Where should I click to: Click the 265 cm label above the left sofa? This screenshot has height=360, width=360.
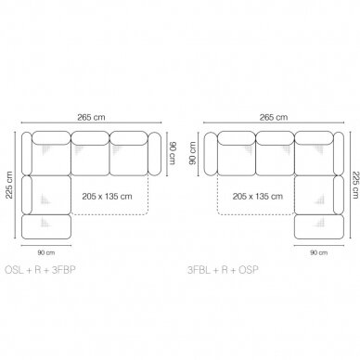coord(91,117)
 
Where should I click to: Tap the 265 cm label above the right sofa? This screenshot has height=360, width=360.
coord(274,117)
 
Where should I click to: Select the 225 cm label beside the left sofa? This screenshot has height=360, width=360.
coord(9,185)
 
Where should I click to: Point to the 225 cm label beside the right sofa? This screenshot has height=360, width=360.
coord(355,185)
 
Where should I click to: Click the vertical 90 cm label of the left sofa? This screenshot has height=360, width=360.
coord(173,153)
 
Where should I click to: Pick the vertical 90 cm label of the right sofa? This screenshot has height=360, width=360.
coord(192,153)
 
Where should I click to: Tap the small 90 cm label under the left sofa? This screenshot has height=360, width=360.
coord(46,252)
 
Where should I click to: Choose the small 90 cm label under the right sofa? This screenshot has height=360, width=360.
coord(319,252)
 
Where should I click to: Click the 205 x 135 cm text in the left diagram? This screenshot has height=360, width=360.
coord(107,197)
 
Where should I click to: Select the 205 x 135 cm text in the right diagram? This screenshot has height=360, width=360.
coord(258,197)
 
